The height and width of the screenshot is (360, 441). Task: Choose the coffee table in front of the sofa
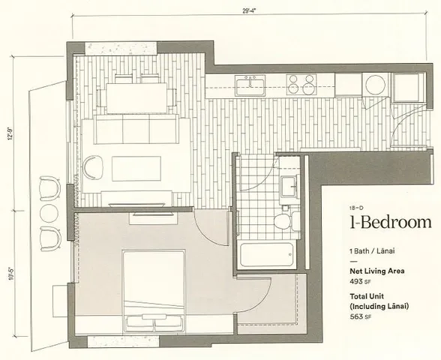point(136,168)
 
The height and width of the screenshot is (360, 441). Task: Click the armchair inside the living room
point(92,166)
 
